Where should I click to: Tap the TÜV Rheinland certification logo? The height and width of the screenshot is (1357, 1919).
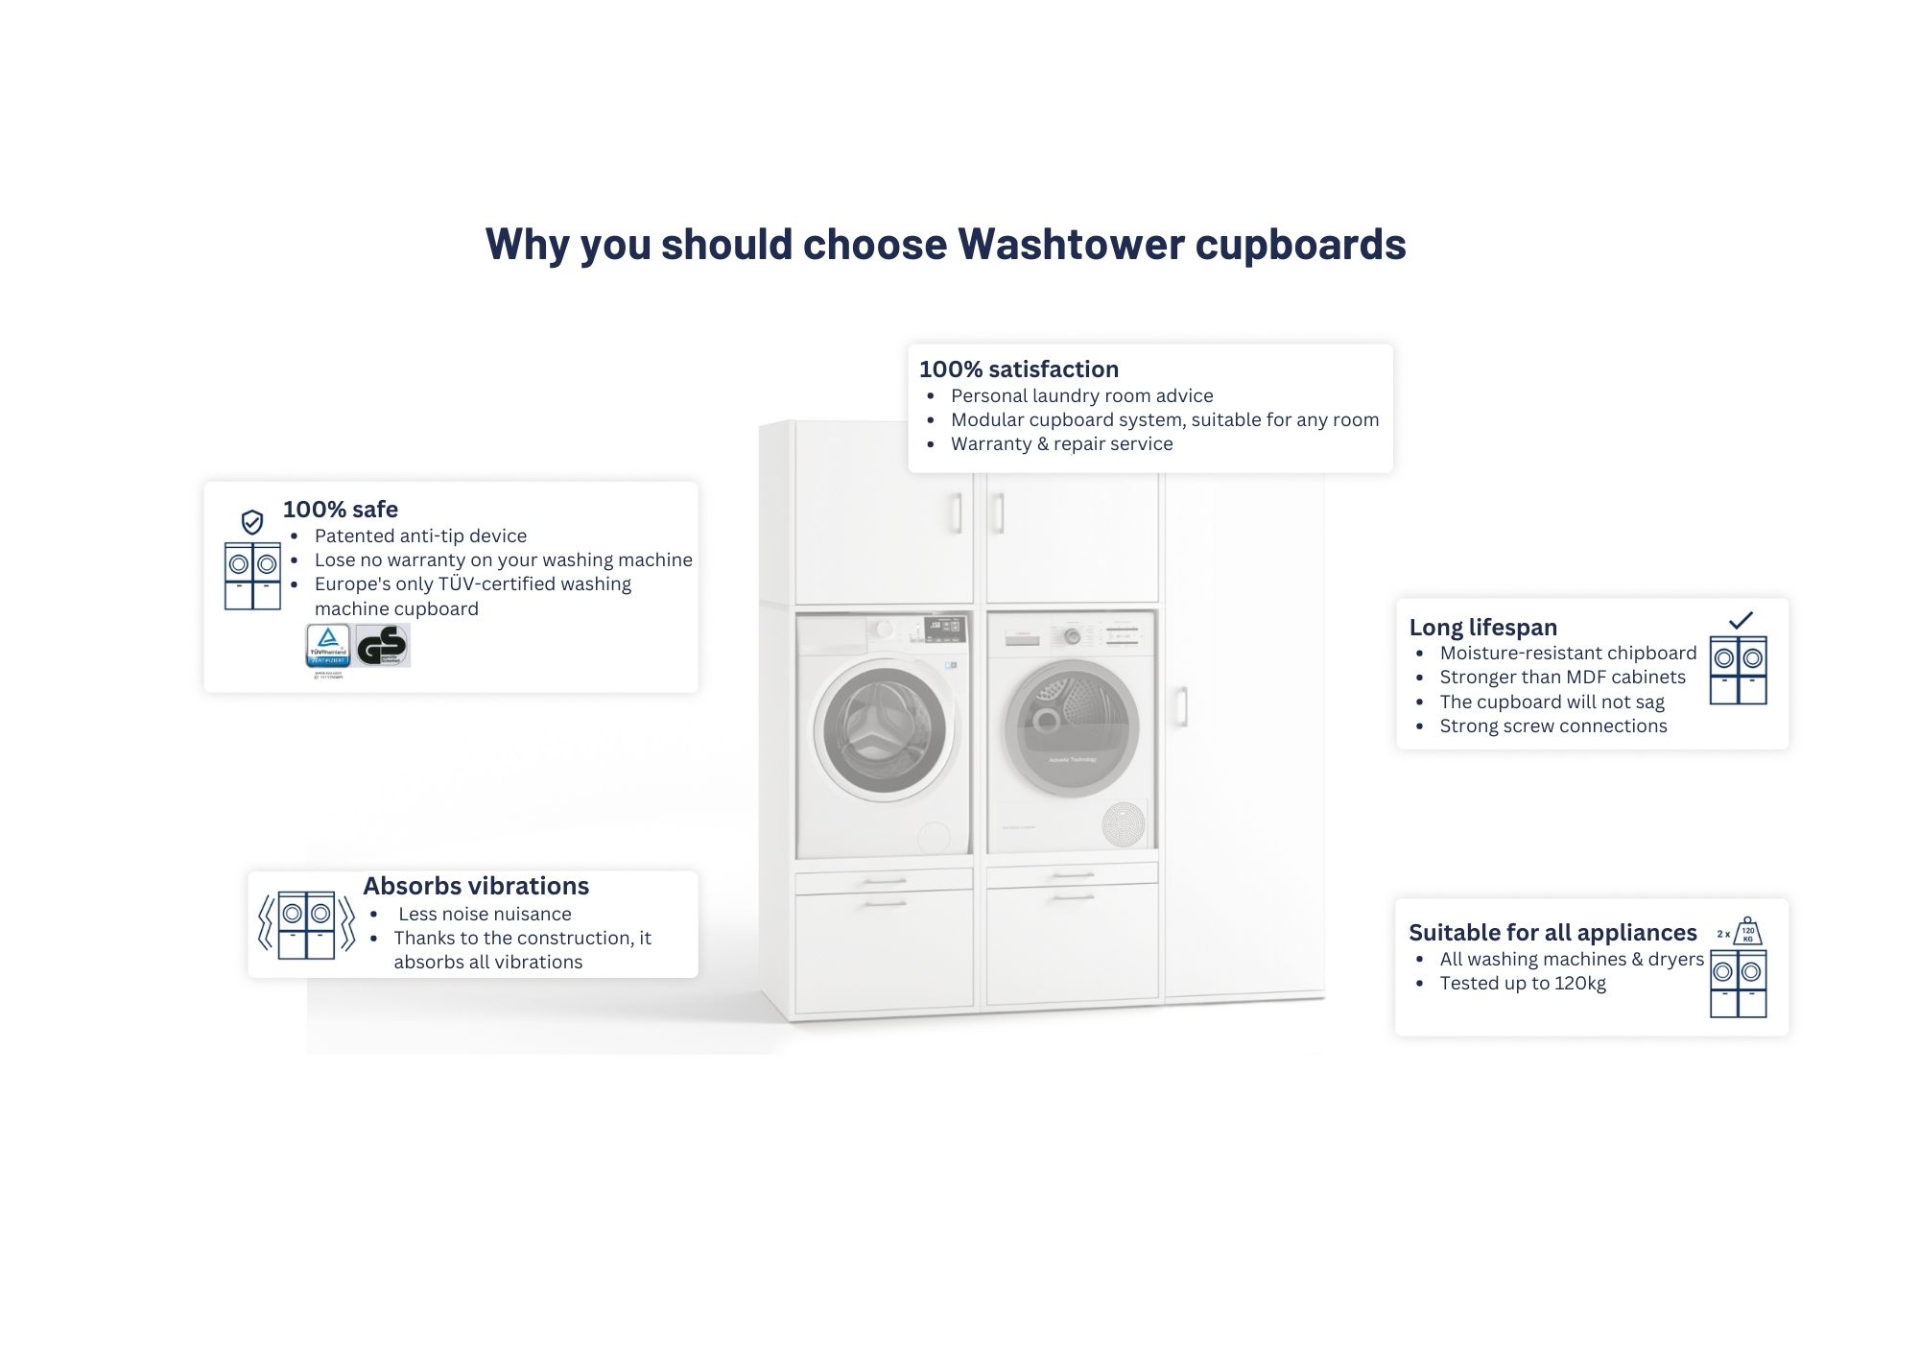[x=327, y=645]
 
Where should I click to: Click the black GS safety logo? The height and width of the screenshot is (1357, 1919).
[x=383, y=645]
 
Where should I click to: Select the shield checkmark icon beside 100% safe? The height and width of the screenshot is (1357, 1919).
[x=252, y=522]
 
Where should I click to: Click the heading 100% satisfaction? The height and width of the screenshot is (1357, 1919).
[x=1018, y=369]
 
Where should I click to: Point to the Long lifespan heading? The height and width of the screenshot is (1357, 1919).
[x=1482, y=628]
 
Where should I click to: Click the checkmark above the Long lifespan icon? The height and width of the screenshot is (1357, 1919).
[x=1740, y=620]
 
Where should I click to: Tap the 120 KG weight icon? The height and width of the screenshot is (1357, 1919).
[x=1747, y=931]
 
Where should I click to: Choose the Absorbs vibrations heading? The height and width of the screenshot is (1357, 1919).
[x=476, y=886]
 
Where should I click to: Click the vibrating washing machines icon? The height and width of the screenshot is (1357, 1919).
[x=306, y=925]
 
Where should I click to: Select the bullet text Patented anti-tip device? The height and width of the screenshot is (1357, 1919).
[x=420, y=536]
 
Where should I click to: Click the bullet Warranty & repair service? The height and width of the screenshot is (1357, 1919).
[x=1061, y=443]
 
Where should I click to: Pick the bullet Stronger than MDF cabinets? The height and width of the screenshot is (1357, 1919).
[x=1562, y=677]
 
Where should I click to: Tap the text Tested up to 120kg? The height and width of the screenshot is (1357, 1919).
[x=1523, y=983]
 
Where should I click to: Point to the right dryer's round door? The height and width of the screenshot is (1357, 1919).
[x=1072, y=727]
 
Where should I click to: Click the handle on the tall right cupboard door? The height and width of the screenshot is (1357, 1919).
[x=1181, y=705]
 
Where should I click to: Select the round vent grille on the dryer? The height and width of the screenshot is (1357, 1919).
[x=1124, y=823]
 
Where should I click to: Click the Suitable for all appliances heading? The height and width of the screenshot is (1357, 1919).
[x=1552, y=933]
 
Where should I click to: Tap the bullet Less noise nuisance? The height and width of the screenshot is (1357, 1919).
[x=485, y=914]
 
